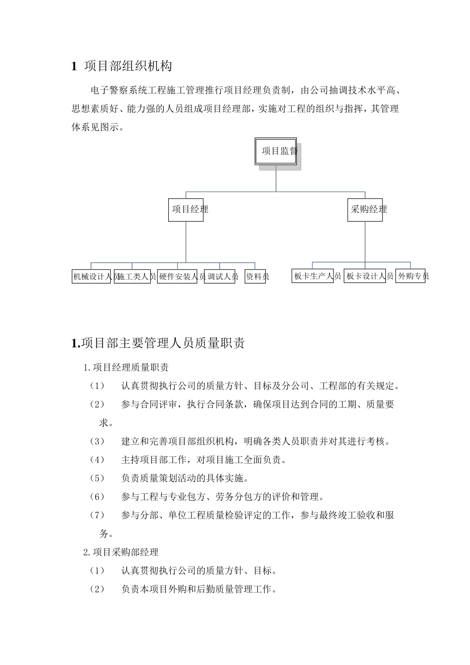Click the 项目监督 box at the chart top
point(276,151)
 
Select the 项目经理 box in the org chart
point(186,210)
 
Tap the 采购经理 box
point(365,210)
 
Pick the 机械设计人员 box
point(92,277)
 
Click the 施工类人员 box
point(132,277)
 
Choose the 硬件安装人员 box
point(177,277)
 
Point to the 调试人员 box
point(220,277)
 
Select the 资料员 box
point(255,277)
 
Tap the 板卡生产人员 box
point(312,276)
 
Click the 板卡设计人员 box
point(365,276)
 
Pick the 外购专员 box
point(411,276)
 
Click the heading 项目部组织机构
point(128,66)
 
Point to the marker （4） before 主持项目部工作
point(97,460)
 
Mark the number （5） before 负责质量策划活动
point(97,478)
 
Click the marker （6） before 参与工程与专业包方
point(97,496)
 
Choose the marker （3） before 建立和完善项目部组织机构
point(97,441)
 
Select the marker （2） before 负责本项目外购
point(97,589)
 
